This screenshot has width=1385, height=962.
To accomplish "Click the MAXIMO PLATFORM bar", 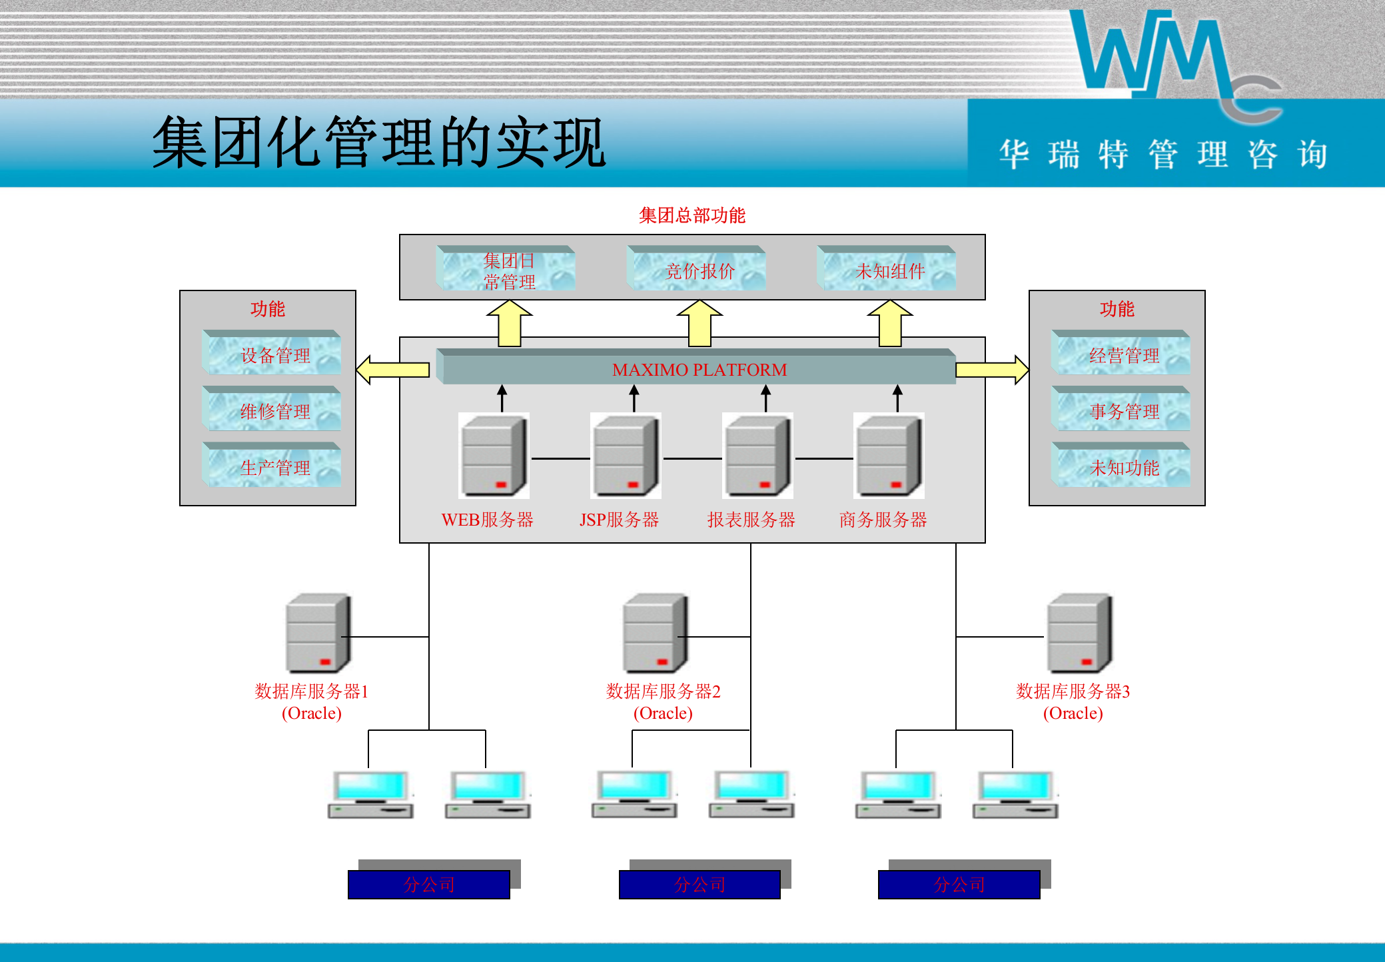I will point(698,369).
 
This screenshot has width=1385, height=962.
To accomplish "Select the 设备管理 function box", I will point(272,354).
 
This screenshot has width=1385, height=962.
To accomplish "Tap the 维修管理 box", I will point(272,410).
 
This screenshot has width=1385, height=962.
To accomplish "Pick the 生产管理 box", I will point(272,466).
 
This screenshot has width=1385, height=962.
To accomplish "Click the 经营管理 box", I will point(1122,354).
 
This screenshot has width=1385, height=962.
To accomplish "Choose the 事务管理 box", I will point(1122,410).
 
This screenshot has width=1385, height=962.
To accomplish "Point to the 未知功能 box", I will point(1122,466).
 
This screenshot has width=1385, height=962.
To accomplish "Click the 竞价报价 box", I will point(697,269).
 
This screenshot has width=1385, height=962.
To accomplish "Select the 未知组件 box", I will point(887,269).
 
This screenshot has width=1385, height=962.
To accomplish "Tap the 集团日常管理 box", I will point(507,269).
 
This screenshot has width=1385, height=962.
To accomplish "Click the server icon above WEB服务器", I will point(494,456).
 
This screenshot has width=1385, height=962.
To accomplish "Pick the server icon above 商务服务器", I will point(889,456).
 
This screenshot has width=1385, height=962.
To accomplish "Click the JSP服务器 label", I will point(619,520).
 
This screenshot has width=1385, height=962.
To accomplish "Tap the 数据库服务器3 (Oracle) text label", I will point(1073,702).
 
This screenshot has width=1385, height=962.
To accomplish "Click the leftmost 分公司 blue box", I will point(429,885).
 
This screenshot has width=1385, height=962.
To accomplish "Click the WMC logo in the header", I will point(1172,60).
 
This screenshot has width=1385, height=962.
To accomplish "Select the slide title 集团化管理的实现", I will point(378,143).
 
